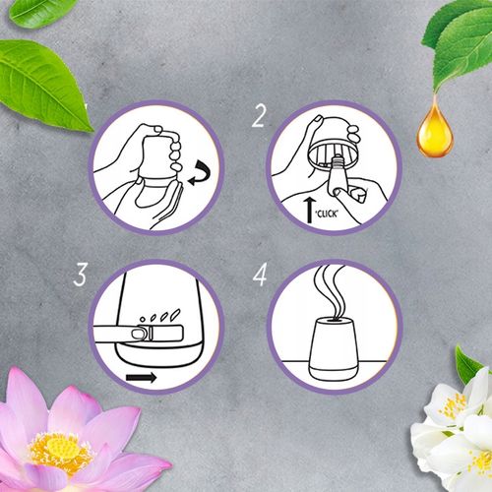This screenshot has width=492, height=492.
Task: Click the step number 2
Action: (260, 118)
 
